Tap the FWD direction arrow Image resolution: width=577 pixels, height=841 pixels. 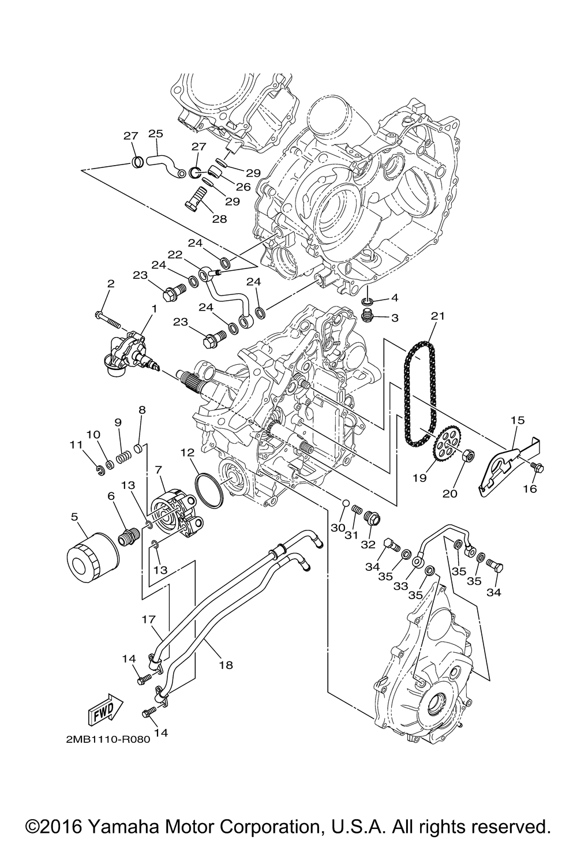105,708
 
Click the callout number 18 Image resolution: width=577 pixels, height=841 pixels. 226,665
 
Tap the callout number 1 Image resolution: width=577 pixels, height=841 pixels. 153,309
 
